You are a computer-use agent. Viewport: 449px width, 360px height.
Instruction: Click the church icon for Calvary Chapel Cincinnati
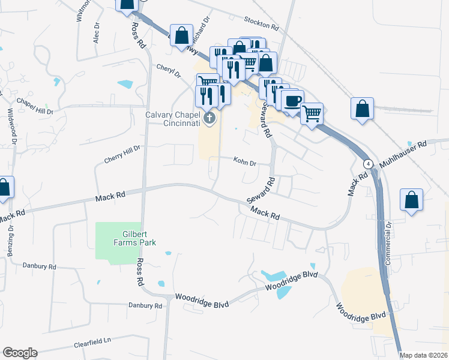[209, 118]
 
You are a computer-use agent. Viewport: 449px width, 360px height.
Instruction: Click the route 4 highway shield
[367, 164]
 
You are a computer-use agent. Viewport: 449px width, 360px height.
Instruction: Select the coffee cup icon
[292, 100]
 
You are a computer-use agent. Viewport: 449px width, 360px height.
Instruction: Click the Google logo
[20, 353]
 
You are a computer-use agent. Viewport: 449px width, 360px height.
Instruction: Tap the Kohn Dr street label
[245, 163]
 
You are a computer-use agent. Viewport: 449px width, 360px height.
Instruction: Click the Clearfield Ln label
[93, 344]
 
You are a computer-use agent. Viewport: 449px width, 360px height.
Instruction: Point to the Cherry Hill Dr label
[122, 155]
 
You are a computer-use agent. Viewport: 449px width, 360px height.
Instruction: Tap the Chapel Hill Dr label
[35, 106]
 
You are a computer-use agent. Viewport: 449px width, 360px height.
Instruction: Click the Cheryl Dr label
[169, 71]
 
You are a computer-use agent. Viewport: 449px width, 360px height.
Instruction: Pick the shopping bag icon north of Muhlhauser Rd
[362, 109]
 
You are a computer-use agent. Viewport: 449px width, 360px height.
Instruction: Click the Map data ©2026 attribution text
[423, 355]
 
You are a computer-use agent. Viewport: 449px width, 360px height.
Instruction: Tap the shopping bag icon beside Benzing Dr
[4, 188]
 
